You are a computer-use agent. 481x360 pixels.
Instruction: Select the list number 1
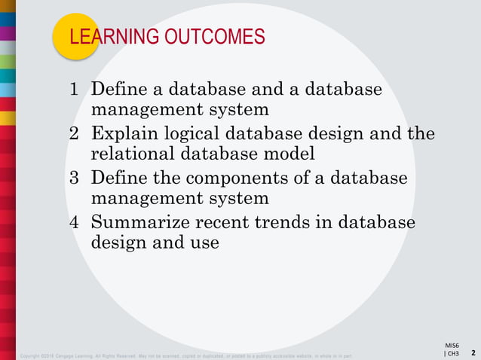click(x=74, y=90)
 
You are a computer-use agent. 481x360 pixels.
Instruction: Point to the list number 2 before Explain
click(x=74, y=135)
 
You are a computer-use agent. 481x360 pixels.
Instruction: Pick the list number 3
click(x=74, y=178)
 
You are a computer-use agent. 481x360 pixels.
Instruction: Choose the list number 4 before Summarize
click(x=74, y=223)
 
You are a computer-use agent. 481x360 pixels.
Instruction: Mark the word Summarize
click(x=137, y=223)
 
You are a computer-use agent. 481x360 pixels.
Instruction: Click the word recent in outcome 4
click(x=224, y=223)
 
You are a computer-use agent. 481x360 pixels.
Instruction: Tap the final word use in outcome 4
click(x=204, y=243)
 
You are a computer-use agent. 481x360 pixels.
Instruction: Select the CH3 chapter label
click(x=452, y=352)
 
